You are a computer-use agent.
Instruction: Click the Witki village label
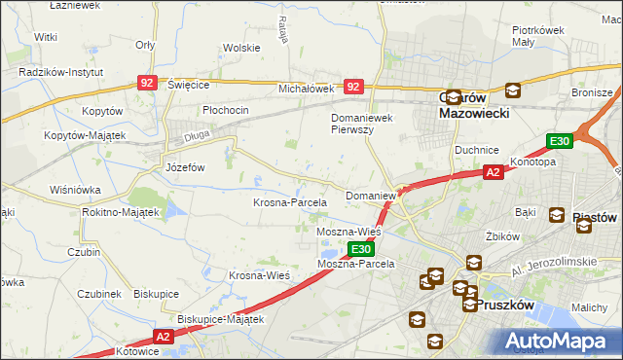(45, 36)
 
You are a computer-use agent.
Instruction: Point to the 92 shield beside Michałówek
(353, 87)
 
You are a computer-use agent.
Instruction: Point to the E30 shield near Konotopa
(559, 141)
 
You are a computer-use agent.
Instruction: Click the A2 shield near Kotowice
(162, 336)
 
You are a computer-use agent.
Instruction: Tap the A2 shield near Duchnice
(493, 172)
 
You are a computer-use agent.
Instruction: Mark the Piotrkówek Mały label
(539, 36)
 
